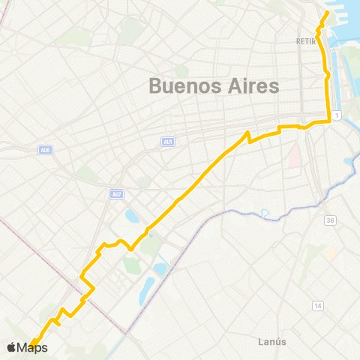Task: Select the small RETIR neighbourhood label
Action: (x=305, y=42)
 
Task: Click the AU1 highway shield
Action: (x=168, y=141)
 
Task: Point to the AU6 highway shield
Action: (x=45, y=150)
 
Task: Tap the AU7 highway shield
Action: (x=116, y=195)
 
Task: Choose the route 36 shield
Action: (x=330, y=220)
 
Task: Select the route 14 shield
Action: (x=318, y=305)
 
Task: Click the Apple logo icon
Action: (x=11, y=347)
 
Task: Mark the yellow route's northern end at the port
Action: (x=328, y=13)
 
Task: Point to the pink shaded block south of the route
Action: (x=294, y=155)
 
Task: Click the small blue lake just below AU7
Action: (x=132, y=217)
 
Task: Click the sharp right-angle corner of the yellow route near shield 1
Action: (x=329, y=121)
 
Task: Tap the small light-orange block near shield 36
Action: (x=330, y=254)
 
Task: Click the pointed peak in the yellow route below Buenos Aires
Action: (x=247, y=133)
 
